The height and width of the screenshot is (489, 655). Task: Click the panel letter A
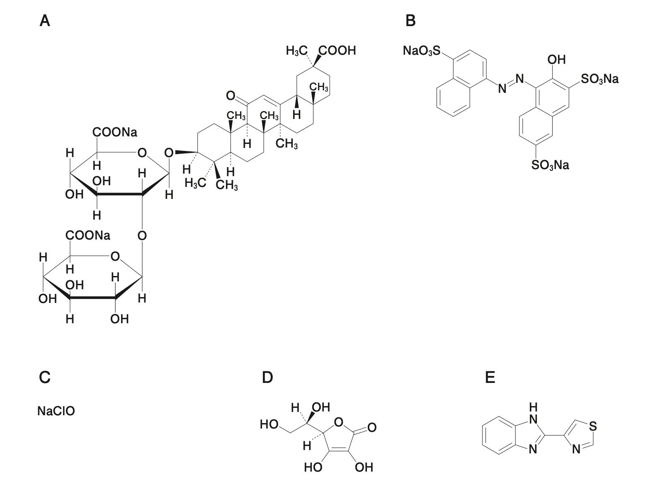point(45,20)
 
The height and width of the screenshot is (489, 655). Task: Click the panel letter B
point(410,20)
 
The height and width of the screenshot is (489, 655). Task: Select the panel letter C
point(45,378)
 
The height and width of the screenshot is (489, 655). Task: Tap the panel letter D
point(267,378)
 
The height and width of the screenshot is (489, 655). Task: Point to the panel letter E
point(490,378)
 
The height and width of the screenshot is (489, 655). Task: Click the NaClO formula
point(56,412)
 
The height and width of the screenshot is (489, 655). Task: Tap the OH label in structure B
point(556,60)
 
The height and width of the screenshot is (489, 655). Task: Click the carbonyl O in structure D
point(371,427)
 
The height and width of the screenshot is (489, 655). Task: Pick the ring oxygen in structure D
point(338,422)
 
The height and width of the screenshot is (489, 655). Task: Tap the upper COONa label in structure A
point(114,133)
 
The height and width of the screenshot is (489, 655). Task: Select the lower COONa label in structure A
point(88,235)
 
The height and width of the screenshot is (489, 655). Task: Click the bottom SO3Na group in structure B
point(550,165)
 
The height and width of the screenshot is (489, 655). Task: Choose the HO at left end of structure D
point(269,424)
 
